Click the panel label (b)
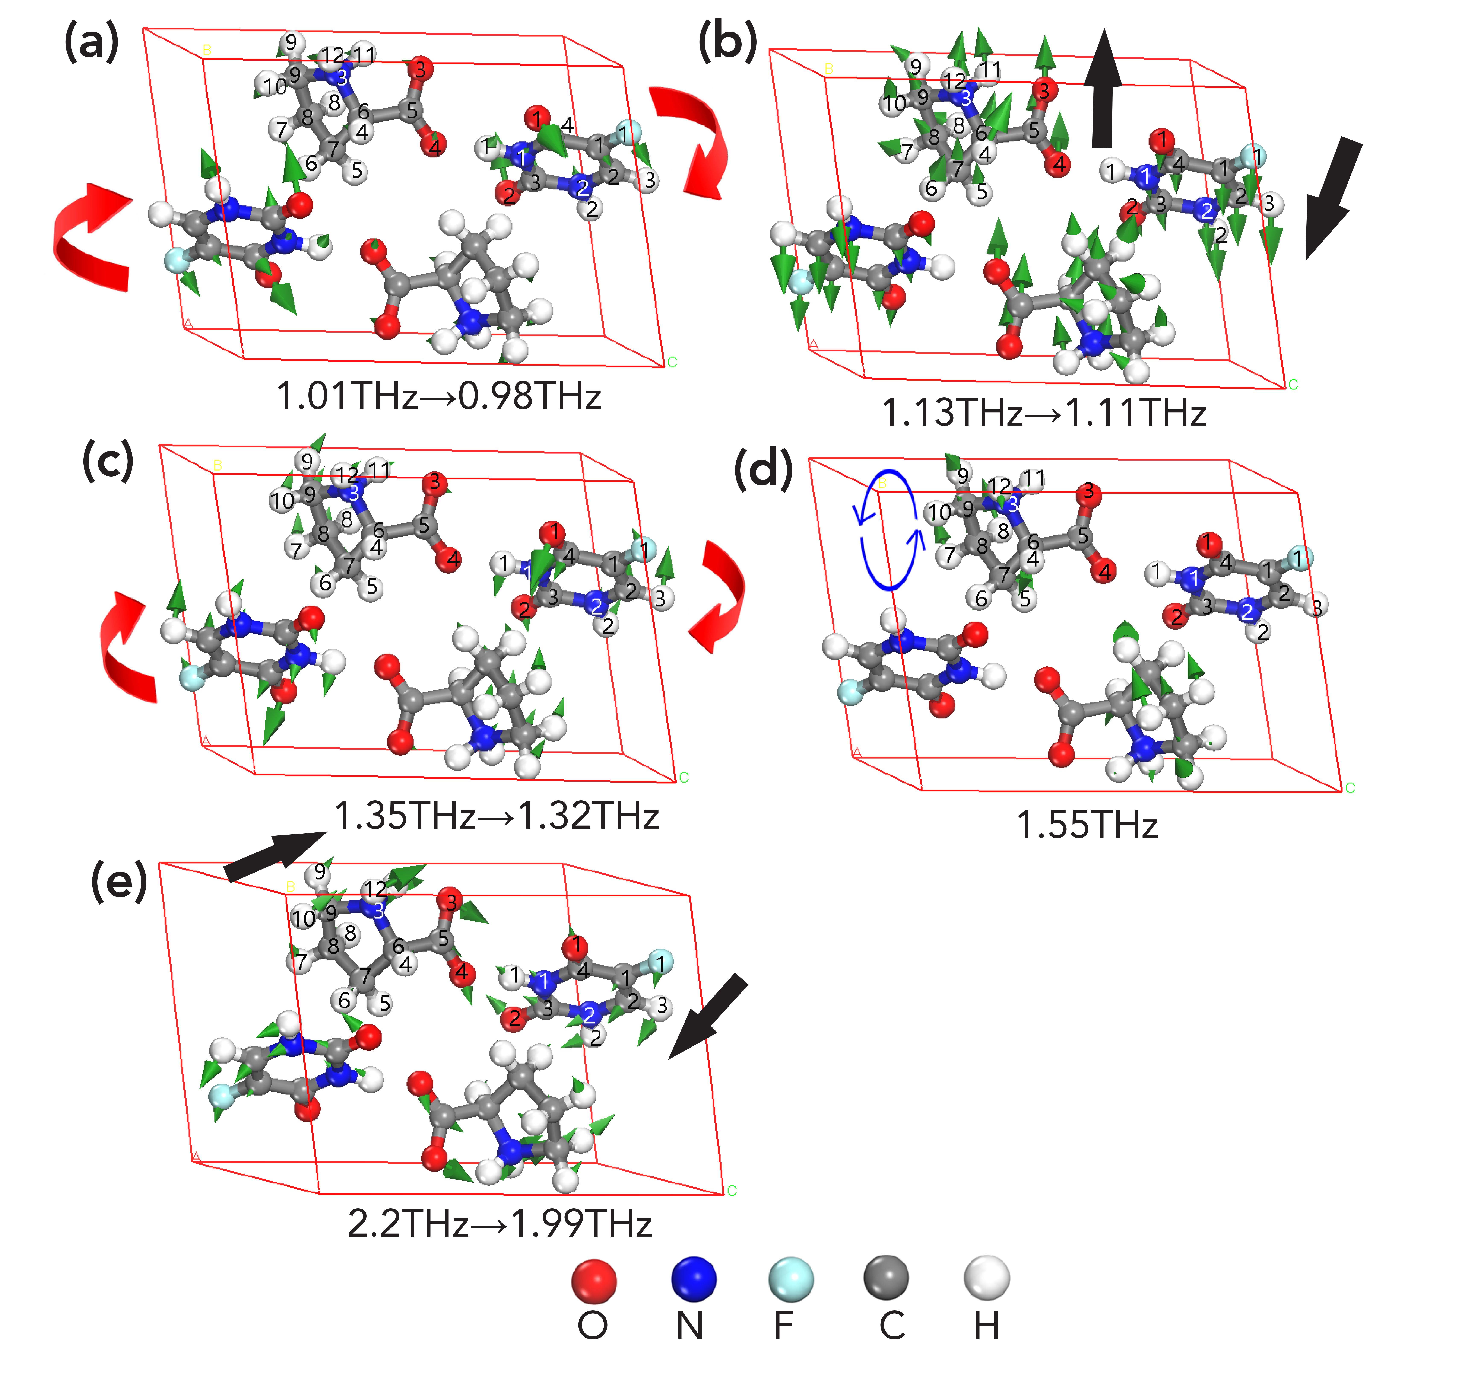727,42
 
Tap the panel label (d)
763,470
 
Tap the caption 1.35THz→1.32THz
497,816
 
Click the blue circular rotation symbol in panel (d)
890,530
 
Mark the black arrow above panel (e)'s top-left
274,856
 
